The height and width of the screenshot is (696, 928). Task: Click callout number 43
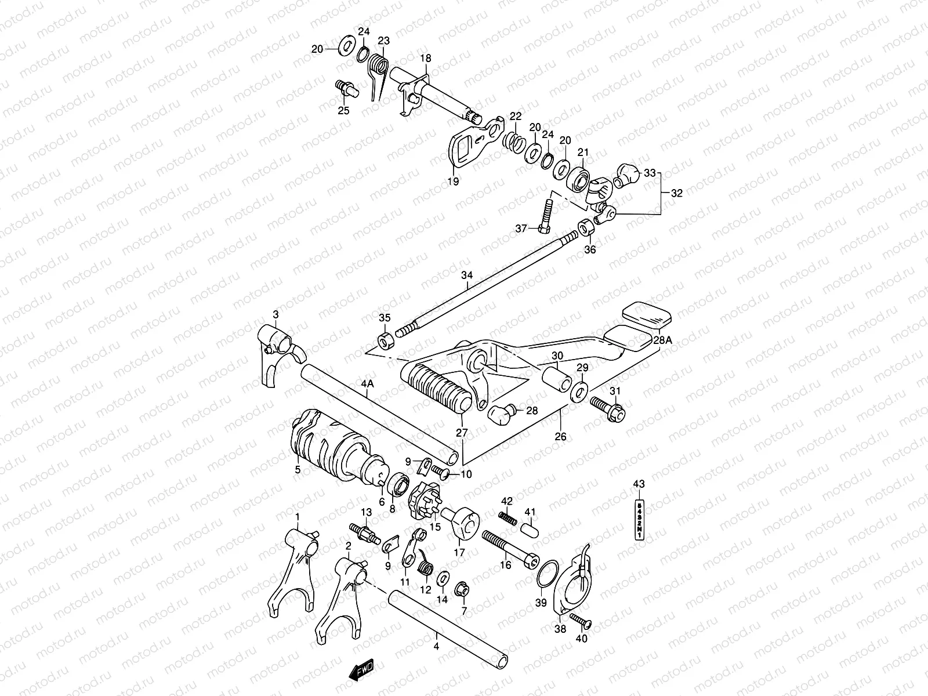coord(639,484)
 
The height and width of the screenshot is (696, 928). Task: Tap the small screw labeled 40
coord(580,619)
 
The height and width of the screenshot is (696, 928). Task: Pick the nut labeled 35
coord(385,340)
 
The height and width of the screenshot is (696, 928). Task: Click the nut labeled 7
coord(463,590)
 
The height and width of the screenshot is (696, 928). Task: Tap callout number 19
coord(453,182)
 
